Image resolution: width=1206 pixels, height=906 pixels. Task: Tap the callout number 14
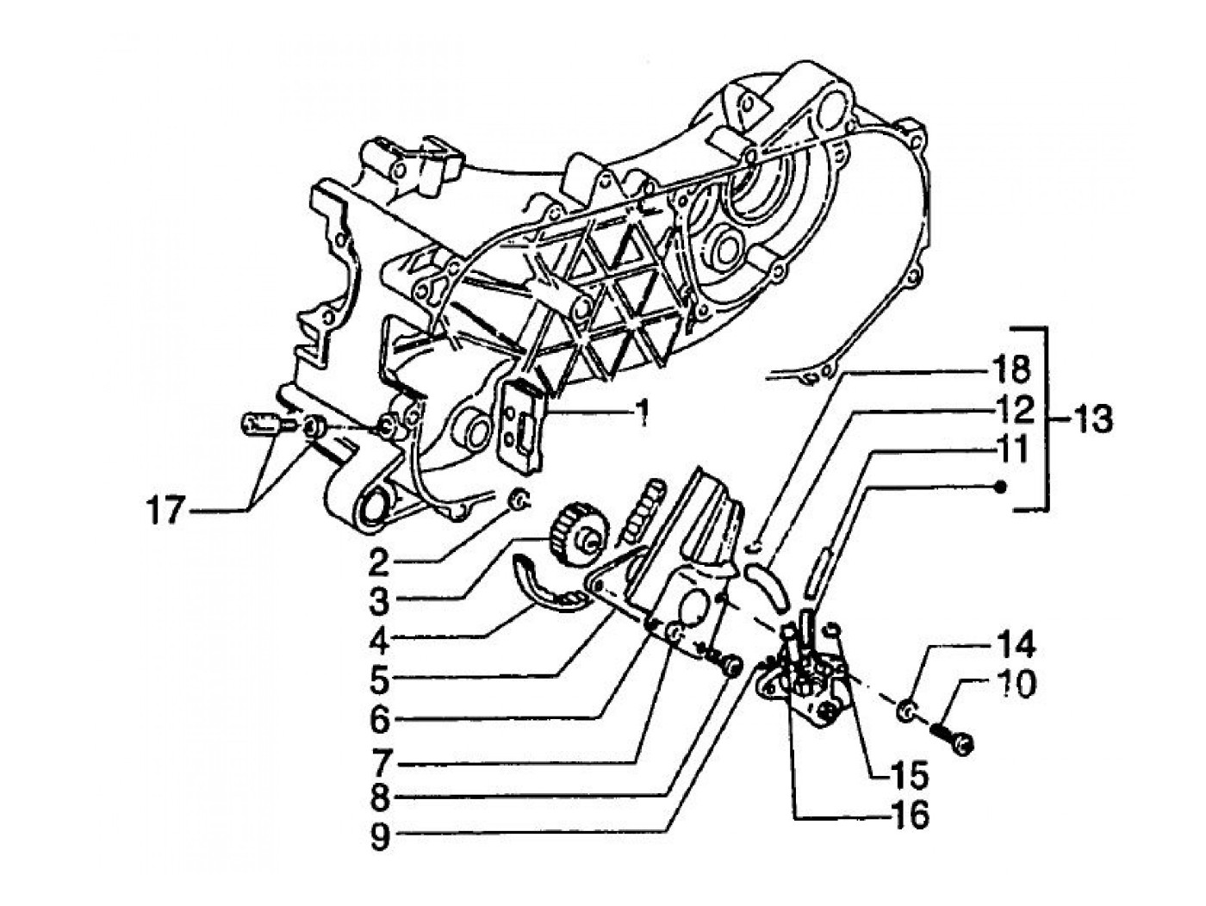[x=1016, y=648]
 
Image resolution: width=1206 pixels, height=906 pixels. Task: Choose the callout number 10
[x=1016, y=686]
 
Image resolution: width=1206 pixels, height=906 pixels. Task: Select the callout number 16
[x=910, y=815]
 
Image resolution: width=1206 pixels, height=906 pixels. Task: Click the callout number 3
[x=380, y=600]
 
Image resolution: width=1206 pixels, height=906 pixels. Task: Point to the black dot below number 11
[x=1000, y=487]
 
